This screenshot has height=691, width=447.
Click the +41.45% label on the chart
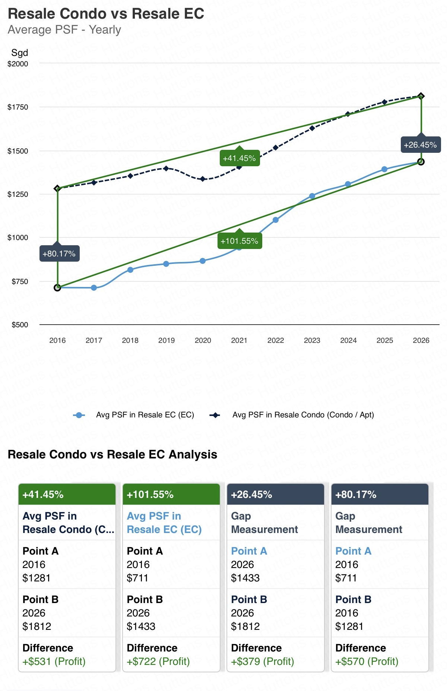pos(239,158)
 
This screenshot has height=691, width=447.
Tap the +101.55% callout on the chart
pos(239,241)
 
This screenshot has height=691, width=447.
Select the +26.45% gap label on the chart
pos(420,145)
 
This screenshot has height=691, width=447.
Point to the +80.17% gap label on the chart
pos(59,254)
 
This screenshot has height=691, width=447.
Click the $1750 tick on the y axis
pos(18,107)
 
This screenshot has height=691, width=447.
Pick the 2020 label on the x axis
pos(203,340)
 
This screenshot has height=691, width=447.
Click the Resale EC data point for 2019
pos(166,264)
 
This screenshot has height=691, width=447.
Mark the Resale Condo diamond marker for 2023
pos(312,128)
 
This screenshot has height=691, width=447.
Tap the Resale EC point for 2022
pos(276,220)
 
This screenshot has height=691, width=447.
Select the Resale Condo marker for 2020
pos(203,179)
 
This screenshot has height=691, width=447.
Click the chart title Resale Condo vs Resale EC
pos(106,14)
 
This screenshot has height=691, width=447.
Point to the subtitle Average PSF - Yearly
pos(64,30)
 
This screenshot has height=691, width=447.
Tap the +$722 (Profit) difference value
pos(158,661)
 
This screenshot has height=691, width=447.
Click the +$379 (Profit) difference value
pos(263,661)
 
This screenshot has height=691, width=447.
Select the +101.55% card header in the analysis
pos(171,495)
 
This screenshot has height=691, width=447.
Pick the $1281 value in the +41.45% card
pos(37,578)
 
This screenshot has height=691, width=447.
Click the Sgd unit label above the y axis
pos(19,53)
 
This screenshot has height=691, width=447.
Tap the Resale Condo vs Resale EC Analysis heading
pos(112,454)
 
